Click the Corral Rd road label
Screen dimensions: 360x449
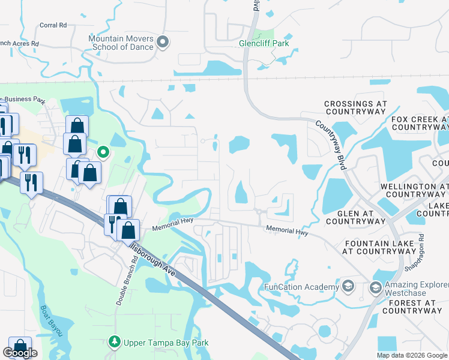coord(53,25)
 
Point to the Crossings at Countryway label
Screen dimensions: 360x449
coord(355,108)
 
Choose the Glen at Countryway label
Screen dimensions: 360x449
coord(355,217)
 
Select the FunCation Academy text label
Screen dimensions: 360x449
coord(302,287)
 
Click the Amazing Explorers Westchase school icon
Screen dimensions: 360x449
coord(375,287)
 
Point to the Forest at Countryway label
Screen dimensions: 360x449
coord(412,307)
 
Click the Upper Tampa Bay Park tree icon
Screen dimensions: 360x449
coord(115,342)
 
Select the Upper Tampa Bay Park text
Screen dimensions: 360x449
coord(166,343)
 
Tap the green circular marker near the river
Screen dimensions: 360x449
coord(103,152)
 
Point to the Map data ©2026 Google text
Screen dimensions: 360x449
coord(411,355)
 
